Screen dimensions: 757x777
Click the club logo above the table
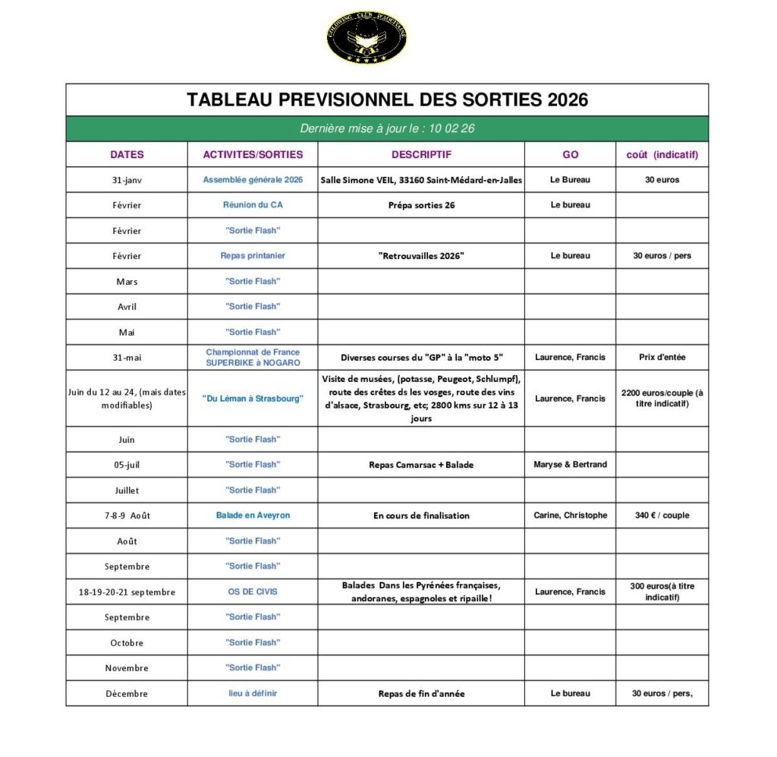366,37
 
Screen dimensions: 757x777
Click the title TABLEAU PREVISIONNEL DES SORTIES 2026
387,100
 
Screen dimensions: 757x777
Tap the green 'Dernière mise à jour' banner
387,128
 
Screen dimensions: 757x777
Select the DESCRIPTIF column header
421,154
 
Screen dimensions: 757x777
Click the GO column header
570,154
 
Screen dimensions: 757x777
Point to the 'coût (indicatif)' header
662,154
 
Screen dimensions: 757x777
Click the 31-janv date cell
127,180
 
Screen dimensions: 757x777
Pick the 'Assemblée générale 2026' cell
253,180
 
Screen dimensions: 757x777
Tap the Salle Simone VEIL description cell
421,180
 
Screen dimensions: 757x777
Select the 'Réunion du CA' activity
253,205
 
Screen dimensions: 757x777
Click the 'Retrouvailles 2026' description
421,256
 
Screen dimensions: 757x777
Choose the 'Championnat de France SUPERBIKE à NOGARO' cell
253,358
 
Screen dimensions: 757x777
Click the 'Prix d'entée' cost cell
662,358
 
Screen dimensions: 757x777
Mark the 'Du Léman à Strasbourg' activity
253,399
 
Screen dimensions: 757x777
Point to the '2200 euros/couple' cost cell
662,399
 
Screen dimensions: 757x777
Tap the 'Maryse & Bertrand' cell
570,465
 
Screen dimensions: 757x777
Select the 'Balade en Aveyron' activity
253,516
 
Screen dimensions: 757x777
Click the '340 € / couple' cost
662,516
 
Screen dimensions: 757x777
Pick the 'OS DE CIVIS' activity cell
253,592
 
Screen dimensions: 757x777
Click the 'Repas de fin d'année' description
421,693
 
